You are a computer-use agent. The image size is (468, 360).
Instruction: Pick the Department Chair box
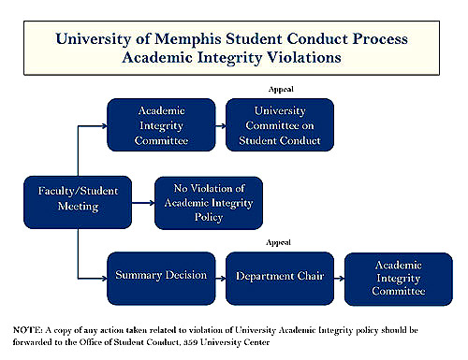tap(273, 277)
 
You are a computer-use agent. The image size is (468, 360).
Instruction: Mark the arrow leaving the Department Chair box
tap(333, 277)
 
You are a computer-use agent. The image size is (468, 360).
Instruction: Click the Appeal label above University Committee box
tap(278, 89)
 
